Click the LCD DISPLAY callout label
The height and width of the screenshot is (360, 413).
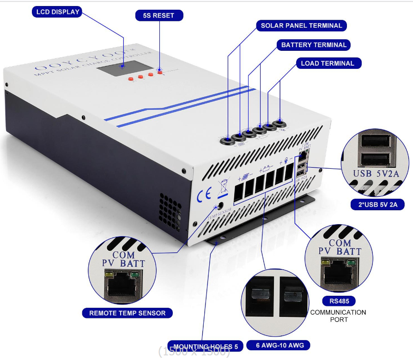57,12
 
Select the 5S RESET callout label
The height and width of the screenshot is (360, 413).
159,15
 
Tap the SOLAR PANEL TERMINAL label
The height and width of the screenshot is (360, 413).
301,25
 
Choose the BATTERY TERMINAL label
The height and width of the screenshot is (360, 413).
314,45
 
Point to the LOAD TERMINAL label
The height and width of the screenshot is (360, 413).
327,63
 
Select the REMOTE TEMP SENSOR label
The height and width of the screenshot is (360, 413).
127,313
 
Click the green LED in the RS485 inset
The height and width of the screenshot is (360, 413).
352,263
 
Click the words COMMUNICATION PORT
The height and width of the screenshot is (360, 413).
338,316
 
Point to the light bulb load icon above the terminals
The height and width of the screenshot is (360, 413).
286,161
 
